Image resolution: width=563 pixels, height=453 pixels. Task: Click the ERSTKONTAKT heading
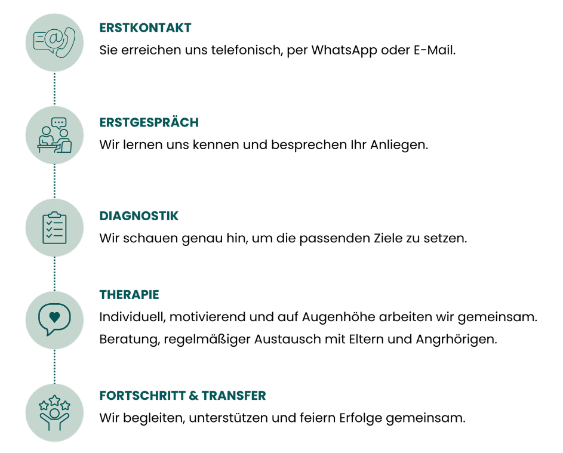pyautogui.click(x=146, y=28)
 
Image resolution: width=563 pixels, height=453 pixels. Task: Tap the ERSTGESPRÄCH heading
pyautogui.click(x=149, y=122)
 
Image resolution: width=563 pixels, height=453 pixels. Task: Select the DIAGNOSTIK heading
pyautogui.click(x=139, y=216)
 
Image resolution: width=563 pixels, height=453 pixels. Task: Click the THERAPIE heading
pyautogui.click(x=130, y=295)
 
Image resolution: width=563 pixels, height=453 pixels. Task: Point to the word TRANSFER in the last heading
pyautogui.click(x=234, y=396)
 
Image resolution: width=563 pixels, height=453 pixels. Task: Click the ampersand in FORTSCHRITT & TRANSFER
pyautogui.click(x=193, y=396)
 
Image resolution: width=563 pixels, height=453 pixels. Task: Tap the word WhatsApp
pyautogui.click(x=344, y=50)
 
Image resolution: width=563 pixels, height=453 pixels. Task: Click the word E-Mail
pyautogui.click(x=435, y=50)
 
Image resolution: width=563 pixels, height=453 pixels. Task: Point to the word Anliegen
pyautogui.click(x=399, y=145)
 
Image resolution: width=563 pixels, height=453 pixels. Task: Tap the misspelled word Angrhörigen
pyautogui.click(x=456, y=340)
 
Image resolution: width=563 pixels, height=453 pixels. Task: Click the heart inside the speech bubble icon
pyautogui.click(x=54, y=317)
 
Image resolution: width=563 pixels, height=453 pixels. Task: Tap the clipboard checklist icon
pyautogui.click(x=54, y=228)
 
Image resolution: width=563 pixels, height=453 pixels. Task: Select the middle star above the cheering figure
pyautogui.click(x=54, y=400)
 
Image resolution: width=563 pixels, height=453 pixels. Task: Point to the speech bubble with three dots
pyautogui.click(x=59, y=123)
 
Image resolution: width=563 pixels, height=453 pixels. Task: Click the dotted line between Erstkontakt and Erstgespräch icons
pyautogui.click(x=54, y=89)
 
